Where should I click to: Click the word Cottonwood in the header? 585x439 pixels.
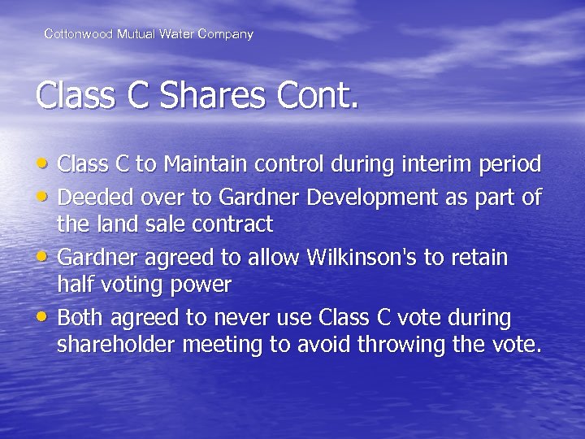[78, 34]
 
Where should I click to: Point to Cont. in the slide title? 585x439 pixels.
[317, 96]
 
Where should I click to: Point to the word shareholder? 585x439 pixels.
[116, 345]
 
